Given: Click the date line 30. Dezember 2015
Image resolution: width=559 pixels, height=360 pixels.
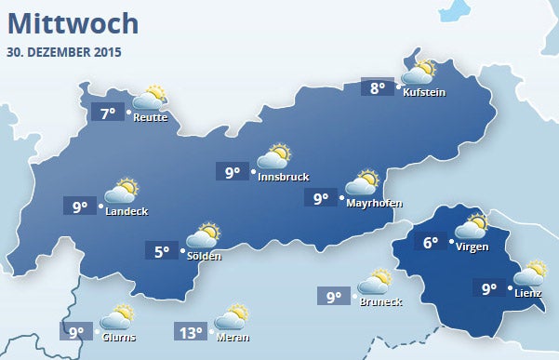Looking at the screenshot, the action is pyautogui.click(x=64, y=51).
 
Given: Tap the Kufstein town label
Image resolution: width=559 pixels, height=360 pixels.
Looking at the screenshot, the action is pyautogui.click(x=424, y=92).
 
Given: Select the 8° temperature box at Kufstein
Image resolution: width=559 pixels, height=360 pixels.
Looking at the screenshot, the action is pyautogui.click(x=377, y=88).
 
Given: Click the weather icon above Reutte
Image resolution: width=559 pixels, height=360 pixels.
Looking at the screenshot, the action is pyautogui.click(x=150, y=98).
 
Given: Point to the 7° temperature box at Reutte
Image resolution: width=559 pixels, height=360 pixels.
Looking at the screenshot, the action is pyautogui.click(x=108, y=113).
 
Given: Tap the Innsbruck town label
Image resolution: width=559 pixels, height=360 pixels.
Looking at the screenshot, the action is pyautogui.click(x=283, y=177).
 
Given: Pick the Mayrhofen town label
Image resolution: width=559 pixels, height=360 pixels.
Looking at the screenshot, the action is pyautogui.click(x=373, y=201).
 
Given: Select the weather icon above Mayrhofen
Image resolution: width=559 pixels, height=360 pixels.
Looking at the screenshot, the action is pyautogui.click(x=362, y=181).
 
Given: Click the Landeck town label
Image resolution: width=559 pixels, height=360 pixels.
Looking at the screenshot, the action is pyautogui.click(x=126, y=211).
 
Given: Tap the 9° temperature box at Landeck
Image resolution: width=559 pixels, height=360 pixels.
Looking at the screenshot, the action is pyautogui.click(x=80, y=206).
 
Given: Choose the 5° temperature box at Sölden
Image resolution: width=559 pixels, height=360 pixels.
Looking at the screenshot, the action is pyautogui.click(x=163, y=250).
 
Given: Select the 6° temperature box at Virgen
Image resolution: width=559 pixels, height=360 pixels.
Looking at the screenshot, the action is pyautogui.click(x=430, y=243).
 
